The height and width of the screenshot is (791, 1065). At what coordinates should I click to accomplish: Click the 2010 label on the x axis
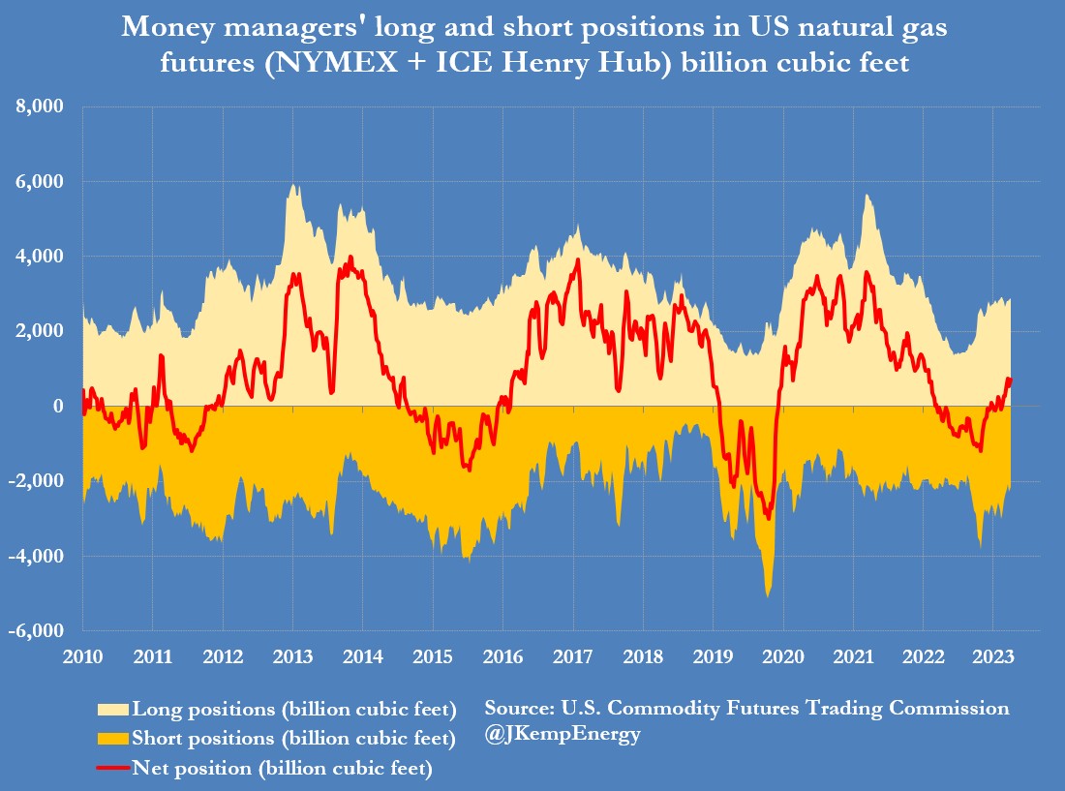click(82, 656)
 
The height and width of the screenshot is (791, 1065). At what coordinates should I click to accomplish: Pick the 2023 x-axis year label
click(992, 656)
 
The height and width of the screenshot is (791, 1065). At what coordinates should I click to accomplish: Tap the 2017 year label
click(573, 656)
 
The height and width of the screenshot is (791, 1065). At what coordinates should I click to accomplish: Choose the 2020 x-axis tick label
click(782, 656)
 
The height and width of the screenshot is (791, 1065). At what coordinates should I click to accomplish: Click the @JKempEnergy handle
click(563, 735)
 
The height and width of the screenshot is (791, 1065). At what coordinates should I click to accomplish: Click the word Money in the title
click(160, 28)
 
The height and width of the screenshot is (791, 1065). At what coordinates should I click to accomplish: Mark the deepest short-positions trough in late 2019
click(768, 596)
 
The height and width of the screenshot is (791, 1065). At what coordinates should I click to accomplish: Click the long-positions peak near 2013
click(292, 185)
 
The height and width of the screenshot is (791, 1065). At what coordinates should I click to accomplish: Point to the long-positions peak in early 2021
click(867, 196)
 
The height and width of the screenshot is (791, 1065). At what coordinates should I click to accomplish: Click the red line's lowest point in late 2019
click(769, 519)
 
